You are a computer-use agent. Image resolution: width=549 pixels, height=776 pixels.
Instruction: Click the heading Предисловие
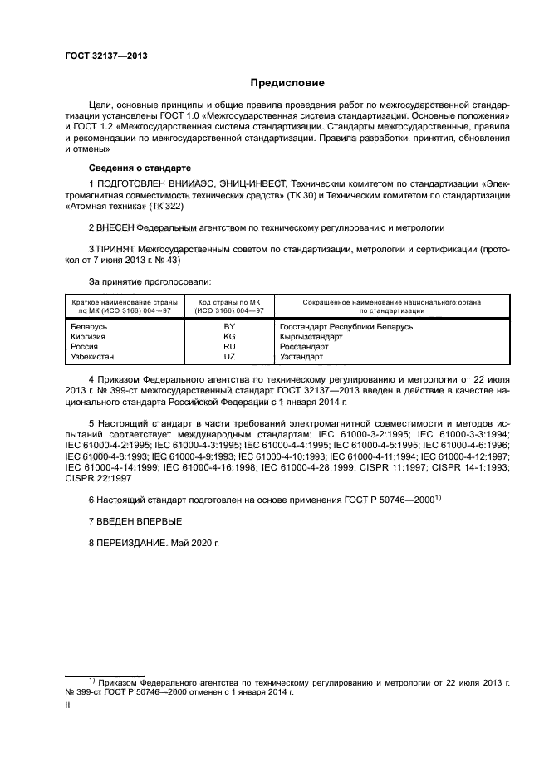tap(288, 83)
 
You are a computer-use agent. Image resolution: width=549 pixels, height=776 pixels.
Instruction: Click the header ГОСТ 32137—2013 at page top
tap(100, 56)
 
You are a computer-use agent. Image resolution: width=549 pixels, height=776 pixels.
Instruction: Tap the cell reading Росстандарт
tap(305, 346)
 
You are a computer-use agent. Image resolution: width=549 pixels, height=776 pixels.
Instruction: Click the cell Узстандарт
tap(301, 356)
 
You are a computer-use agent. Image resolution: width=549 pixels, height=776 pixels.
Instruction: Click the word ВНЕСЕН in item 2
tap(118, 226)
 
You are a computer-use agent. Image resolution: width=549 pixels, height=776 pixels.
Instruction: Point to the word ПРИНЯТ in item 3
tap(118, 248)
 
